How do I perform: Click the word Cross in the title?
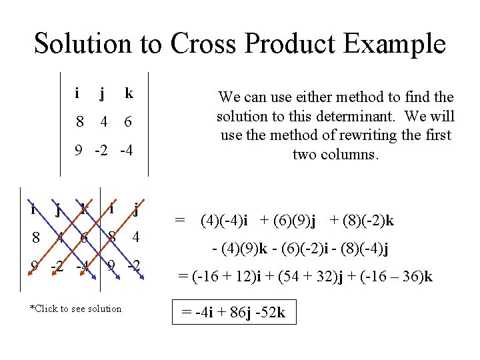click(204, 44)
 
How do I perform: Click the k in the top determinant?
click(129, 94)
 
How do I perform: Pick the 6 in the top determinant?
click(128, 123)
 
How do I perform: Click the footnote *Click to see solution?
click(76, 309)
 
